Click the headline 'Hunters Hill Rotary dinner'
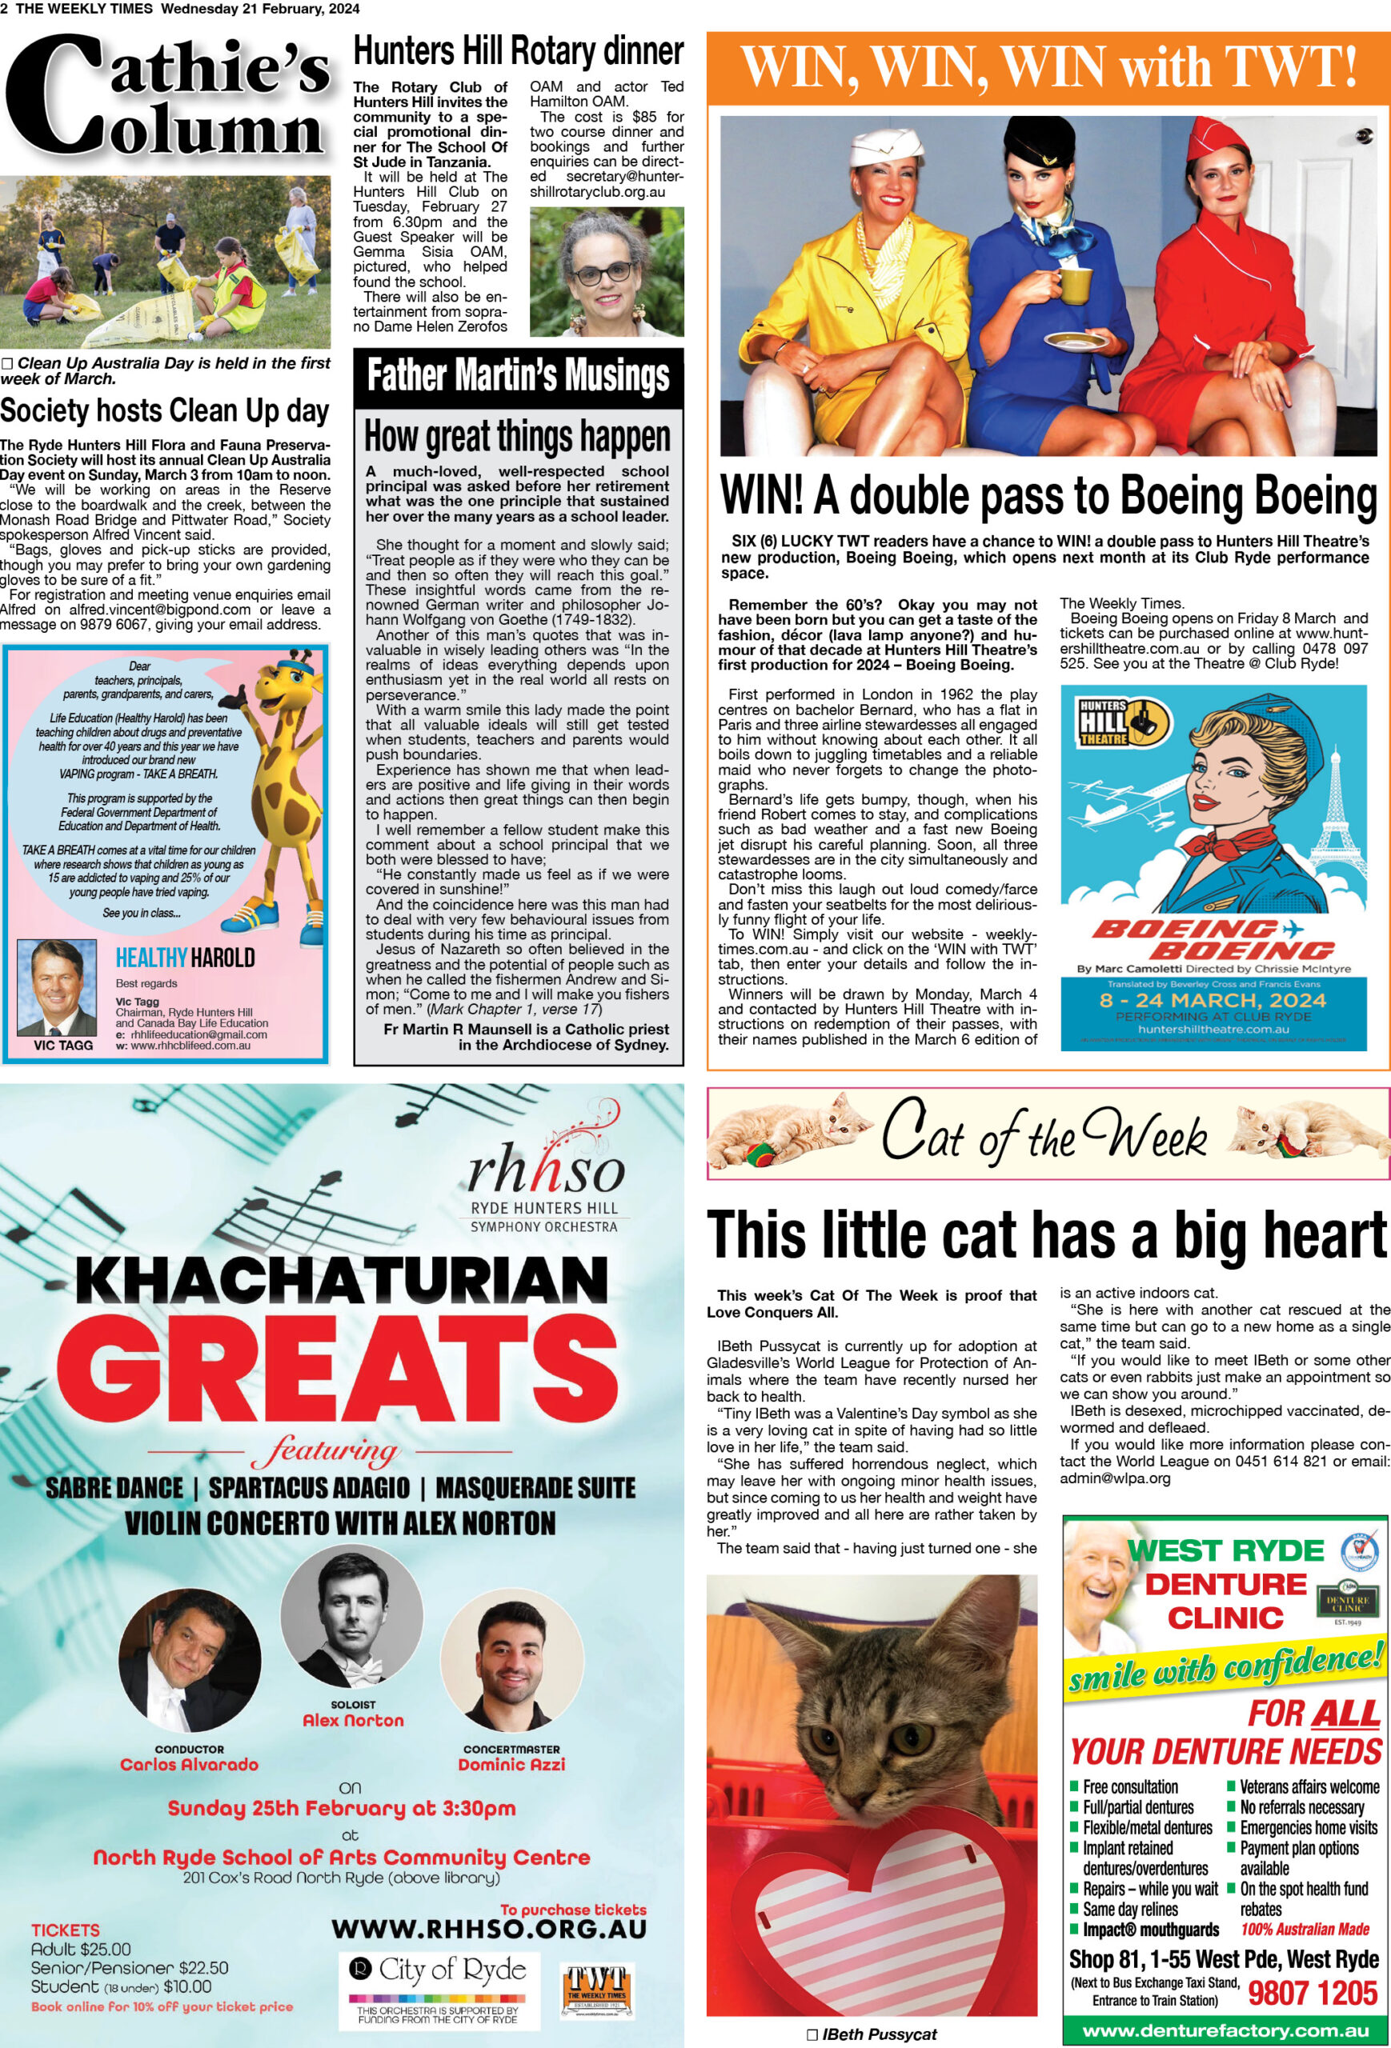pyautogui.click(x=519, y=51)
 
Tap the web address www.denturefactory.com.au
pyautogui.click(x=1225, y=2030)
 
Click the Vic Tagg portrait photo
pyautogui.click(x=56, y=987)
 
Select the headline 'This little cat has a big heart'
pyautogui.click(x=1047, y=1235)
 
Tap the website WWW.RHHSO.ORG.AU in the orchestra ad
pyautogui.click(x=489, y=1929)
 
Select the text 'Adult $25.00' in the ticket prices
pyautogui.click(x=81, y=1949)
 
